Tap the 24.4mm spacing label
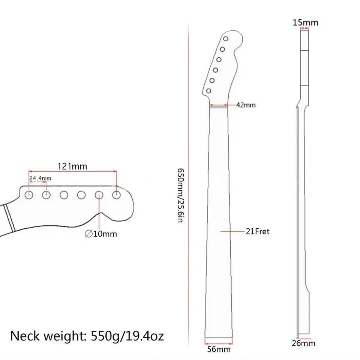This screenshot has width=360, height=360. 40,178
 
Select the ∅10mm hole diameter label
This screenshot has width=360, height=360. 101,234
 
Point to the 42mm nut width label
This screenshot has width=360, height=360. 246,105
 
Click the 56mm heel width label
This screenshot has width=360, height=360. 219,349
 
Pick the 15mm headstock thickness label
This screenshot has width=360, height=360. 306,22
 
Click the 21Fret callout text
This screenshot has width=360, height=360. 258,232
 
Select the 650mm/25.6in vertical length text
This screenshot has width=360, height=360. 180,195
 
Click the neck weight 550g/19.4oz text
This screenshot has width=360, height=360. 87,335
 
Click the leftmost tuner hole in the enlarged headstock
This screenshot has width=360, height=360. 29,195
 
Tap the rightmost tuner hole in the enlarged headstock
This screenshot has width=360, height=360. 116,195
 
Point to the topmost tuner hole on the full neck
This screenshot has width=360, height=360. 226,39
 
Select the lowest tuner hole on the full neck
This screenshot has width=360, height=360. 208,90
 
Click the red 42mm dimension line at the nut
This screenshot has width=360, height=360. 219,105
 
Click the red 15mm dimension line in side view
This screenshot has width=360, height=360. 305,29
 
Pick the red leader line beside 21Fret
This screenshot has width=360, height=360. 232,232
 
